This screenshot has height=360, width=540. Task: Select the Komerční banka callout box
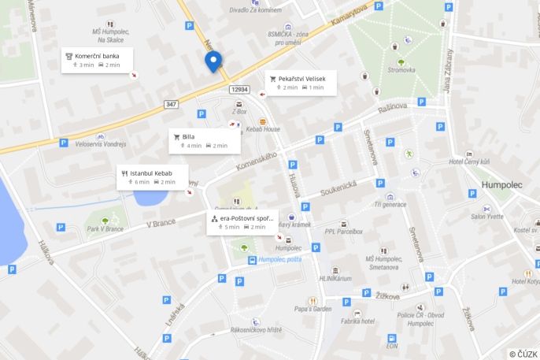[x=98, y=60]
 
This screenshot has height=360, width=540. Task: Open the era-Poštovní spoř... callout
[x=242, y=221]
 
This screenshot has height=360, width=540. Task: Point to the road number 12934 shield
[x=240, y=90]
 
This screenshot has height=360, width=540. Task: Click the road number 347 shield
[x=172, y=104]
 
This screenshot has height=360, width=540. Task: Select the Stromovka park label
[x=401, y=70]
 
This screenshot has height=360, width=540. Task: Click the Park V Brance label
[x=105, y=228]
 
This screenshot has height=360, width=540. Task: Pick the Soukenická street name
[x=338, y=189]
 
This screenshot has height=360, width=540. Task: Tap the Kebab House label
[x=262, y=128]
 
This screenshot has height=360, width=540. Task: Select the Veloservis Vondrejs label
[x=100, y=144]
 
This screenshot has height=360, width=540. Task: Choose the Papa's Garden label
[x=313, y=309]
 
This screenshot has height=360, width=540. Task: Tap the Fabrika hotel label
[x=357, y=321]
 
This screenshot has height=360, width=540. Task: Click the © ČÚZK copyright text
[x=523, y=354]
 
